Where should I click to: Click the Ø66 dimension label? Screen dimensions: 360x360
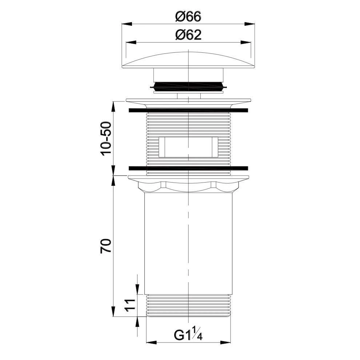188,16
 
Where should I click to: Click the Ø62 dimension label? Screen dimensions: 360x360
188,35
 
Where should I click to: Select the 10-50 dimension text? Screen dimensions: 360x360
107,139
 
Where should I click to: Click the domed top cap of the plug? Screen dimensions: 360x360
188,60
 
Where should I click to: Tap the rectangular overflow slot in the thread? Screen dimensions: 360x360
188,147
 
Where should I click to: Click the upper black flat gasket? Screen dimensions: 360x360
188,111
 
